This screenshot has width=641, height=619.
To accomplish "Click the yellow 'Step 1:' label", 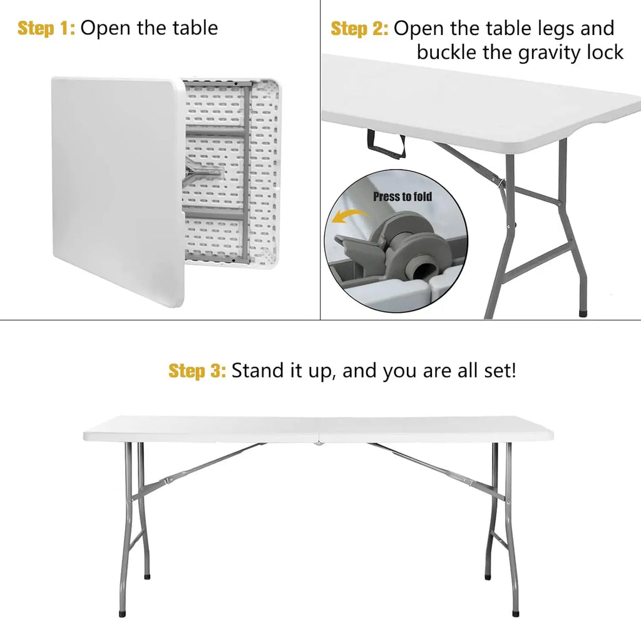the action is click(x=46, y=28).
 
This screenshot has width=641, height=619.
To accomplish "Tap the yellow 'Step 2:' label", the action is click(x=359, y=29).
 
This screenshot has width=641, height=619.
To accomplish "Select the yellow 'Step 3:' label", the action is click(x=197, y=371).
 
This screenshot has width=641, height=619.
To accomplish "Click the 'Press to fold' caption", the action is click(x=403, y=197).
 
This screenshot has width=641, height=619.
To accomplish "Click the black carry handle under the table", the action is click(x=386, y=145).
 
